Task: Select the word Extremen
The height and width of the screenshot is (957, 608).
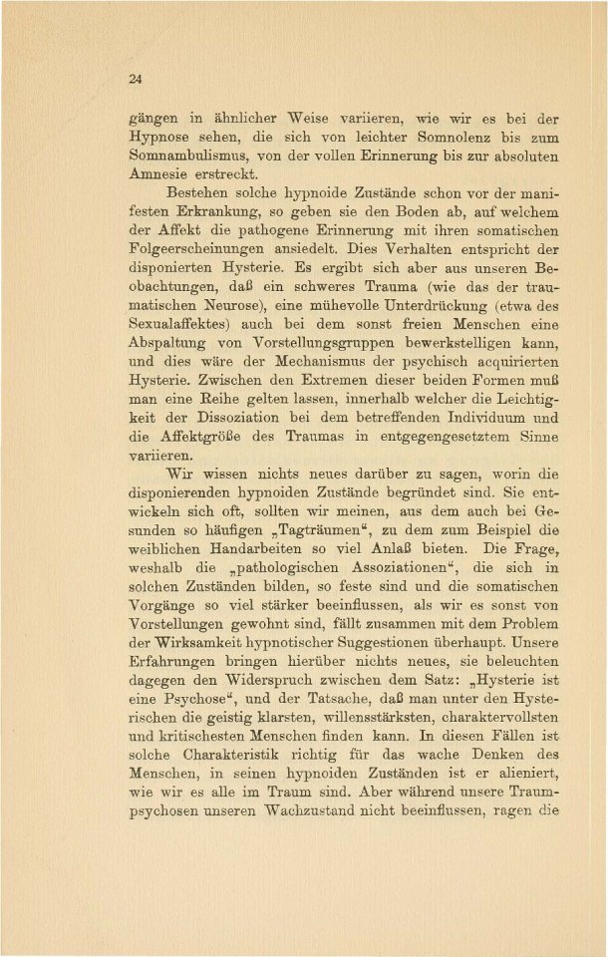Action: tap(369, 420)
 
